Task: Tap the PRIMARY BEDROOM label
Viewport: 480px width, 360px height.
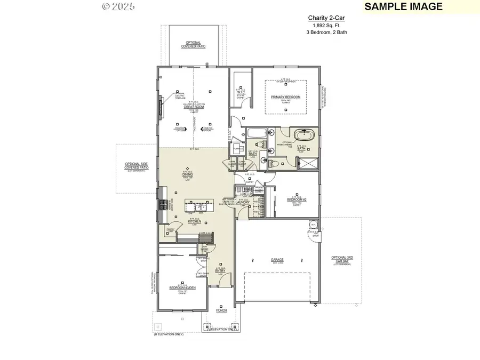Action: click(285, 97)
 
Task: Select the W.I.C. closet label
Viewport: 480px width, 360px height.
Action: click(241, 92)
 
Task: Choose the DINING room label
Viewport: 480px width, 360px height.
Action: click(187, 174)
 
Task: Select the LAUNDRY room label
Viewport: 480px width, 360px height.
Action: click(243, 203)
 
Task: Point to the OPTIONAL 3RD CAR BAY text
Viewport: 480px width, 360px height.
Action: click(341, 260)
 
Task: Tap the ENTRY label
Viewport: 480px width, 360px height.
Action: click(220, 270)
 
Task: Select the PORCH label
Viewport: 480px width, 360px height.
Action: click(221, 310)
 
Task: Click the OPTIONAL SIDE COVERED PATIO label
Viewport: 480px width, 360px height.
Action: click(137, 166)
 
